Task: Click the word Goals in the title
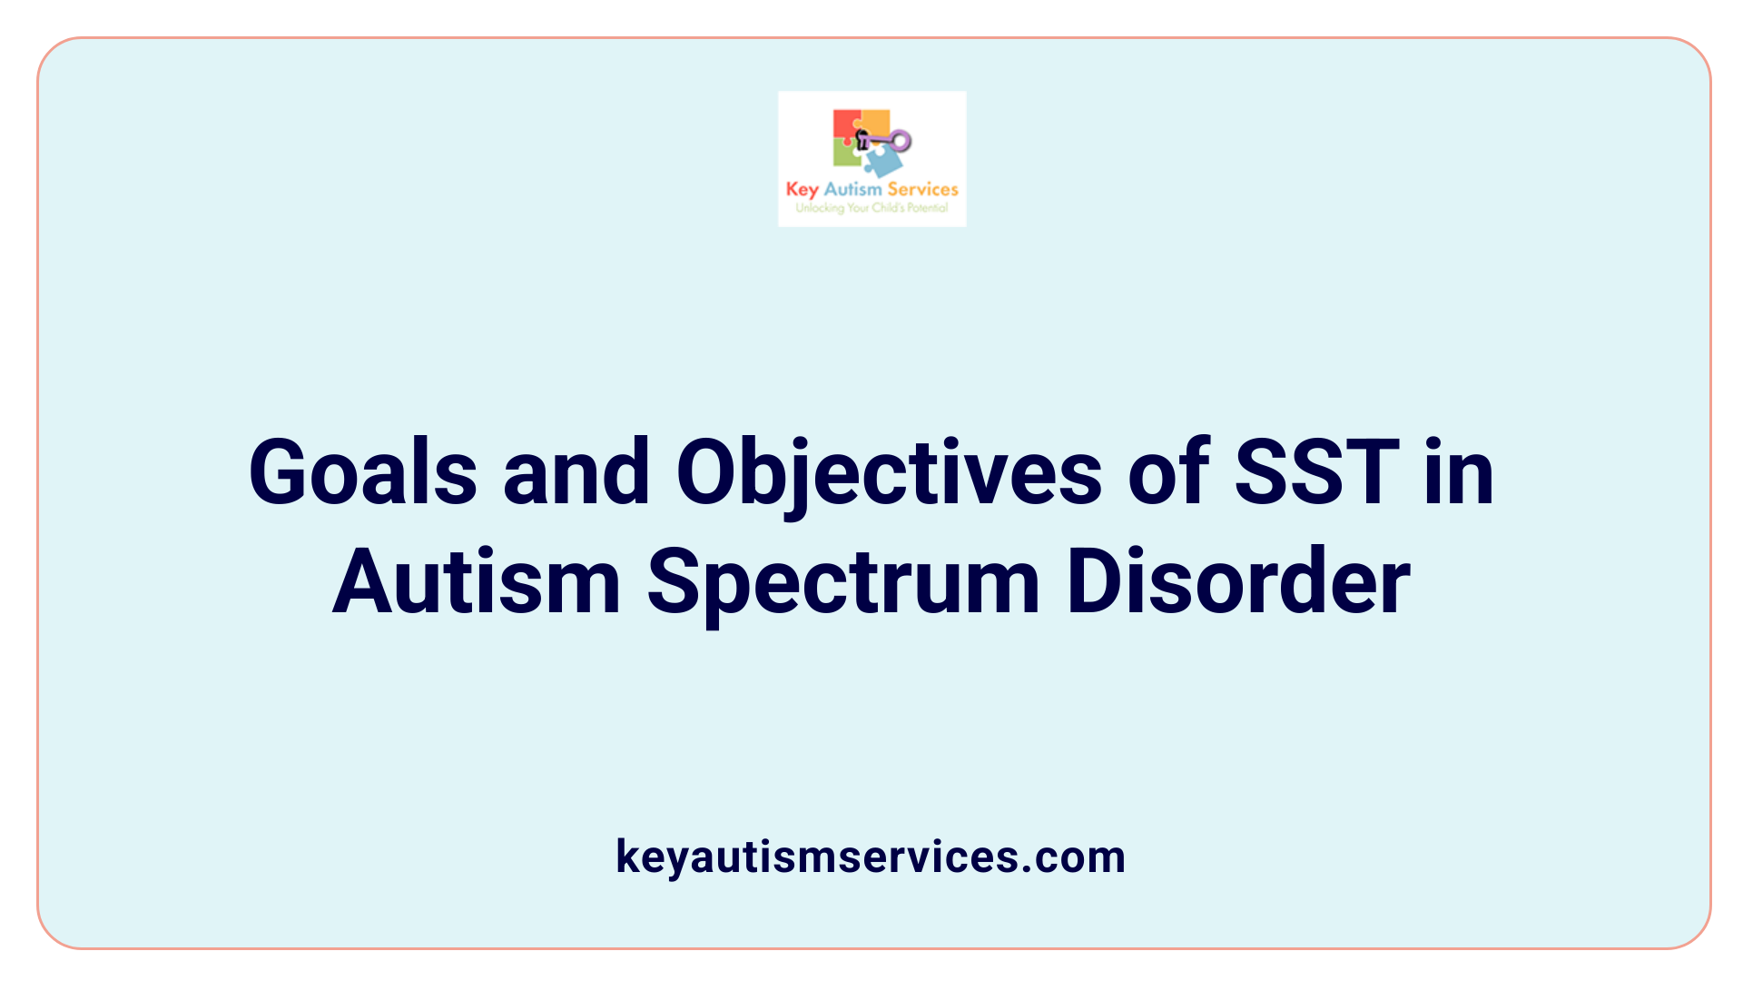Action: tap(362, 472)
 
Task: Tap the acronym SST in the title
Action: tap(1316, 472)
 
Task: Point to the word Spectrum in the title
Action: tap(843, 582)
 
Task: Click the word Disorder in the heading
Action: tap(1238, 581)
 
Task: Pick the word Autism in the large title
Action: tap(477, 581)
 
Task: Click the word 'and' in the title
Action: tap(576, 472)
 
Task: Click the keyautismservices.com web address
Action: tap(871, 857)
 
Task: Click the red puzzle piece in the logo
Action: tap(845, 124)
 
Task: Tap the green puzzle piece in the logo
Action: tap(846, 155)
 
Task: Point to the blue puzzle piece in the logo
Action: tap(882, 163)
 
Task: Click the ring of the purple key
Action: tap(901, 140)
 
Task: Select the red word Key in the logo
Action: tap(803, 190)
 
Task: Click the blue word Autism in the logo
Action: tap(852, 189)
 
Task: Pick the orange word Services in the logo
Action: tap(922, 189)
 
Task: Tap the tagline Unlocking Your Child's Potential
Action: tap(871, 208)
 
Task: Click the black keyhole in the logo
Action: tap(862, 140)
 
